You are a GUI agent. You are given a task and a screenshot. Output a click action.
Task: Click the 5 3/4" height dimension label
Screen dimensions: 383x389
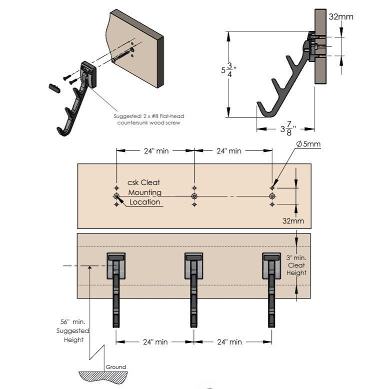228,70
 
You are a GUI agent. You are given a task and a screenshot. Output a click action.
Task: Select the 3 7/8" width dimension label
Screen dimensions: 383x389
288,128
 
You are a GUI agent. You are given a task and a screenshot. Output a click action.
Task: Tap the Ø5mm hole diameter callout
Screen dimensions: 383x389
308,144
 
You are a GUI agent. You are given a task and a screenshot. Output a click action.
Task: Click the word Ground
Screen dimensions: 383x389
115,367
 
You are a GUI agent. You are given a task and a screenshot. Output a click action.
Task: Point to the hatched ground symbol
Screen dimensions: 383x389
103,377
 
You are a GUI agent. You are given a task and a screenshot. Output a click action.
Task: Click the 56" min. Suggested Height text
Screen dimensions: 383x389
72,330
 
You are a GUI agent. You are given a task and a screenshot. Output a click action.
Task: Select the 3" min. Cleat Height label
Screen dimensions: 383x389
296,265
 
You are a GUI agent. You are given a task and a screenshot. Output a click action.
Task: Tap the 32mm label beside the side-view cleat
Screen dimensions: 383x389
341,16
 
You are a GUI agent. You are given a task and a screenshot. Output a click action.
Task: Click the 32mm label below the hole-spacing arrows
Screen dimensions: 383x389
293,221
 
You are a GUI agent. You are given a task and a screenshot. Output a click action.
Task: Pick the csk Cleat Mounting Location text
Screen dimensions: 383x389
144,192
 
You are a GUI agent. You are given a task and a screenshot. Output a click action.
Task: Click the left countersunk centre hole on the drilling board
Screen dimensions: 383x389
116,196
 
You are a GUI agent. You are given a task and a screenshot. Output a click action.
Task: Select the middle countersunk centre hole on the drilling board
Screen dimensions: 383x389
194,196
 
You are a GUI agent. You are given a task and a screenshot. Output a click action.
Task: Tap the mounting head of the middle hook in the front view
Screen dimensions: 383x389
193,266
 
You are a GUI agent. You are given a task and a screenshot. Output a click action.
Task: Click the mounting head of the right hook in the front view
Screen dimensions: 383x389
271,266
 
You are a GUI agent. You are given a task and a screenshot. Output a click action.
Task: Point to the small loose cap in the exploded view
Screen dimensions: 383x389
54,88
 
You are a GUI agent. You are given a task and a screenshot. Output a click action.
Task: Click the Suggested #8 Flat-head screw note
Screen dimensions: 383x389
149,119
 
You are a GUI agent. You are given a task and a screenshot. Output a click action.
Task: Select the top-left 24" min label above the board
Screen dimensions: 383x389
156,151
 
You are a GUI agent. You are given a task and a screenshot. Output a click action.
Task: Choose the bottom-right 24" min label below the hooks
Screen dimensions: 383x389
229,342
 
